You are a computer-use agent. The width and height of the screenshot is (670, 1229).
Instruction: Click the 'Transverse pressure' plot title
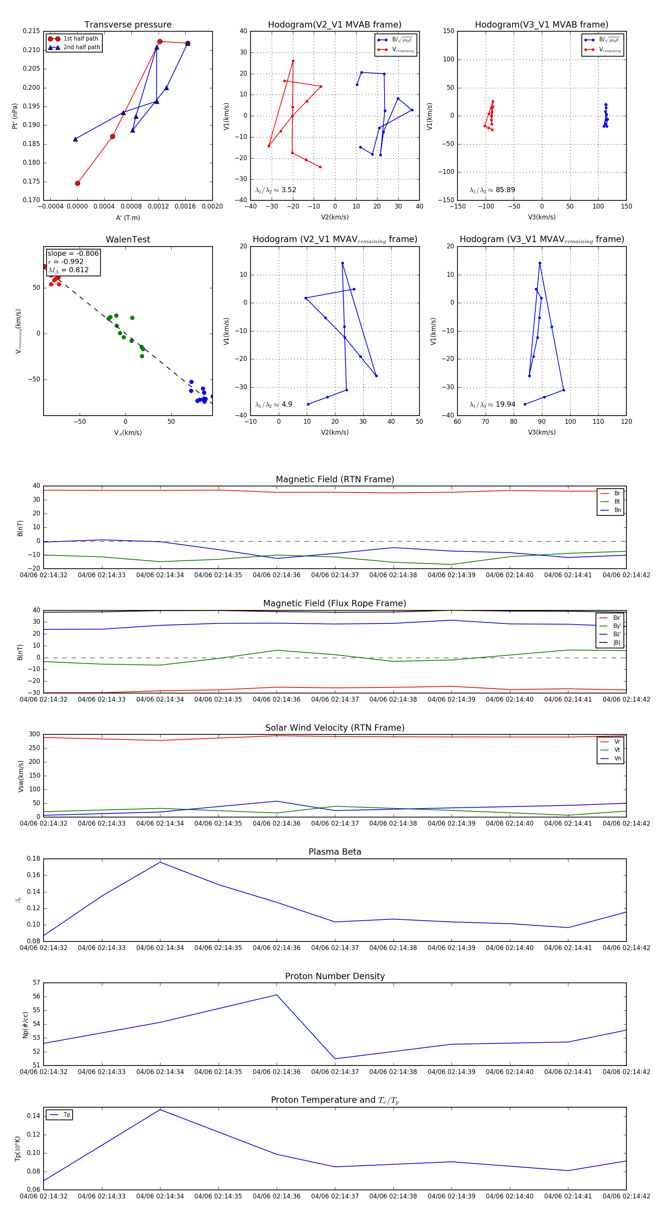[128, 25]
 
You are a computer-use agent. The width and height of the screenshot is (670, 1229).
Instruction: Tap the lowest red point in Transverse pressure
[78, 183]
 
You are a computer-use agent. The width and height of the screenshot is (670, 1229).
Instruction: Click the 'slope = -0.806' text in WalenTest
[73, 253]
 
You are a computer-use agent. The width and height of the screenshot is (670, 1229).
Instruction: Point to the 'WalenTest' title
[128, 239]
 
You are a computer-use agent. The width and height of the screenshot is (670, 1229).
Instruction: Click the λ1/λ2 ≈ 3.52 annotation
[275, 190]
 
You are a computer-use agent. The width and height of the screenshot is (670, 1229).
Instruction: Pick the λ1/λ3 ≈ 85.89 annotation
[492, 190]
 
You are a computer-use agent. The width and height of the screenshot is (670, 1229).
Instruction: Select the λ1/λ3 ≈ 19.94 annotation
[492, 404]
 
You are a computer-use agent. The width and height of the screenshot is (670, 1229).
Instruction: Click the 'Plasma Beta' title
[335, 852]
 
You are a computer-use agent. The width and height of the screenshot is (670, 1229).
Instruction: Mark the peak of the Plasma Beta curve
[160, 862]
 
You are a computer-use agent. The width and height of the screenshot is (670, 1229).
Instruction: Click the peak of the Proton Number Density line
[277, 995]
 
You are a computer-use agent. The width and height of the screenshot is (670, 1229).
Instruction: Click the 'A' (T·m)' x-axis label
[128, 218]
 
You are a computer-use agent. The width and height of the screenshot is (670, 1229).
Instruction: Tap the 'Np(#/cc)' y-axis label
[26, 1024]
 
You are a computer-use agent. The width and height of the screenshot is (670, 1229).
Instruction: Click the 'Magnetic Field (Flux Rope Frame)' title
[335, 604]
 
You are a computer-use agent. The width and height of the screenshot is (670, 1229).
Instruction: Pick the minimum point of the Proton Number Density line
[335, 1059]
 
